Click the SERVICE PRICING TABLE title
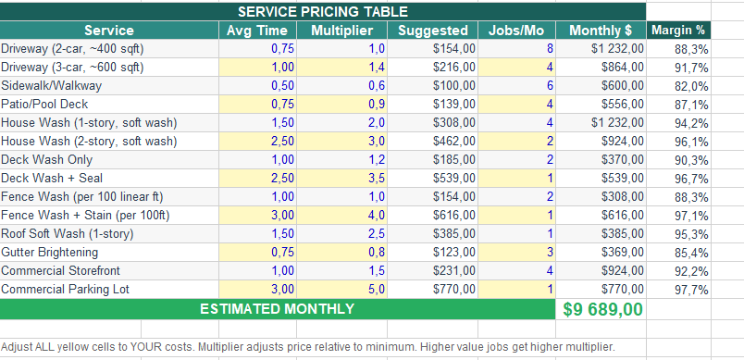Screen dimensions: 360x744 (x=323, y=12)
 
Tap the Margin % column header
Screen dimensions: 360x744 (x=678, y=31)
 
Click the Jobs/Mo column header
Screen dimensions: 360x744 (x=515, y=31)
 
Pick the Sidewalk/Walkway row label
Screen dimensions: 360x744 (x=52, y=86)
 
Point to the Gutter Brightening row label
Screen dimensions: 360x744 (x=50, y=253)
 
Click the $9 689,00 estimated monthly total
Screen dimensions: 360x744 (x=603, y=309)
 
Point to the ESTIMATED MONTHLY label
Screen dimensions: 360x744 (x=277, y=309)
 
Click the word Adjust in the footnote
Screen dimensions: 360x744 (x=18, y=347)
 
